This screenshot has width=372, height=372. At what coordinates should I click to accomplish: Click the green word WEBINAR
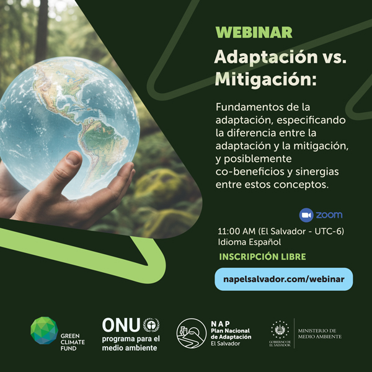[254, 33]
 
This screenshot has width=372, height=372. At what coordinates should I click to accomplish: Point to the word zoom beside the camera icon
[329, 215]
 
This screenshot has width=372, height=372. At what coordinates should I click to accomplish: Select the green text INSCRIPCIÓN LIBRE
[262, 257]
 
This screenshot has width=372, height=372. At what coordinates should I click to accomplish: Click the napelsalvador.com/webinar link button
[284, 279]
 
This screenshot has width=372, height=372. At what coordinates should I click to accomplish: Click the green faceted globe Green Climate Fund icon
[44, 330]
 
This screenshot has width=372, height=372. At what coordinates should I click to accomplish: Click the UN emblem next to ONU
[151, 325]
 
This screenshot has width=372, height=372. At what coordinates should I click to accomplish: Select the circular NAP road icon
[191, 334]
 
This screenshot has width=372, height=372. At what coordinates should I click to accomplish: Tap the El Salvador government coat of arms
[280, 329]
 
